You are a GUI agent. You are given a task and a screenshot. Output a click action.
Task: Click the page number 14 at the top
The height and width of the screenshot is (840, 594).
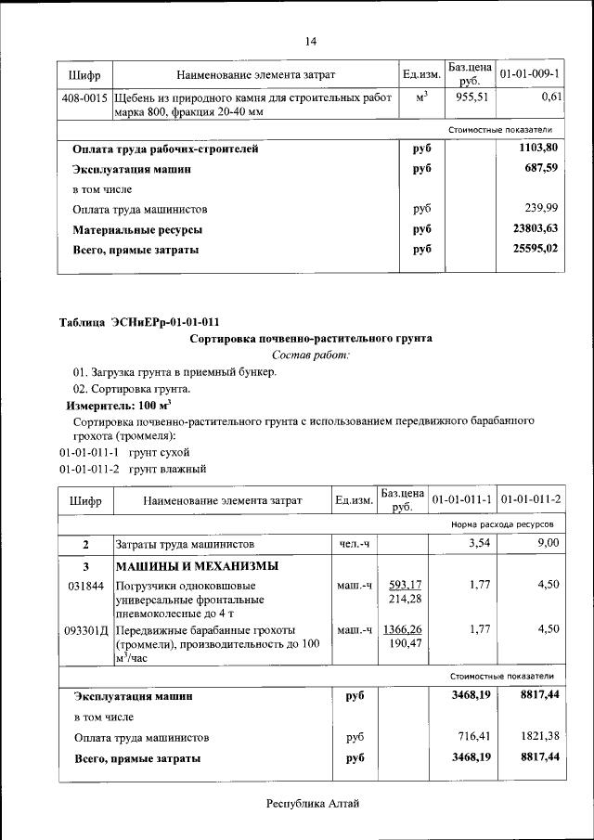(311, 41)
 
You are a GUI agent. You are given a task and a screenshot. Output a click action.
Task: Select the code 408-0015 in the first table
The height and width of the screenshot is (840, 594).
(84, 97)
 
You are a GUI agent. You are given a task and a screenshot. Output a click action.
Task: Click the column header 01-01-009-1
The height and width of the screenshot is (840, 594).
(528, 73)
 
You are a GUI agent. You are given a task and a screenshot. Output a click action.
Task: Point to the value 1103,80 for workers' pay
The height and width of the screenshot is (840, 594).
(538, 148)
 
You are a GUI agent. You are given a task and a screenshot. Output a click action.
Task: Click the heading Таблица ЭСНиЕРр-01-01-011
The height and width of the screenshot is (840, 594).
(140, 323)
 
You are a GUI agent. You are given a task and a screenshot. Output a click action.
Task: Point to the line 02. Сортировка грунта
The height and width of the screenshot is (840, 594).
(125, 389)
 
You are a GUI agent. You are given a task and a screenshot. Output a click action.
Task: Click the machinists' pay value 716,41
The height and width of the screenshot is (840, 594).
(472, 737)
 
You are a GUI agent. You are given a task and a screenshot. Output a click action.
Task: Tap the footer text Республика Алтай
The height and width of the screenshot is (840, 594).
(312, 803)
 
